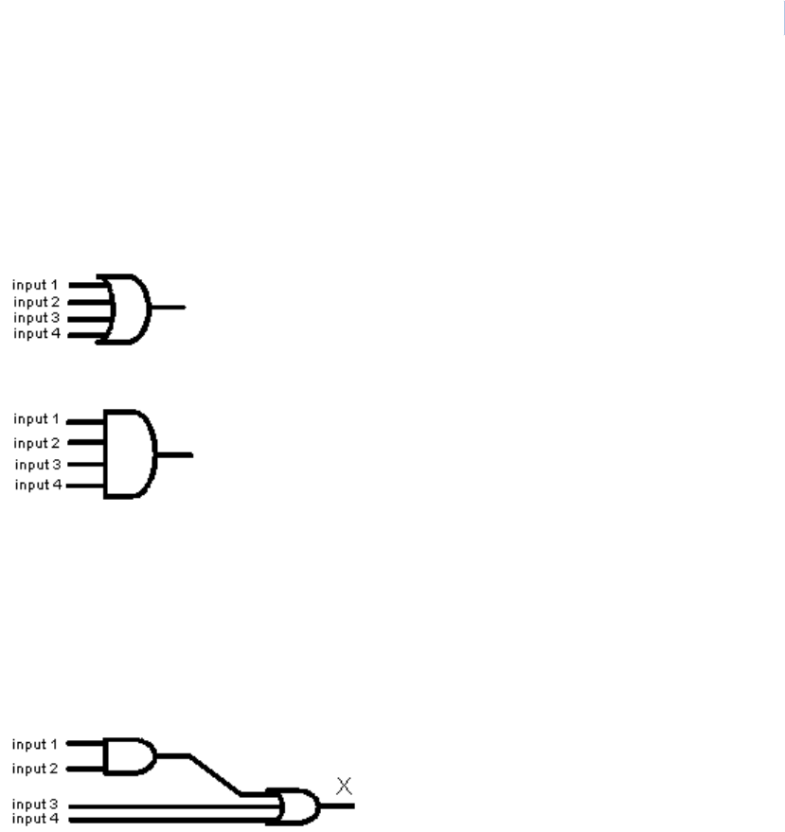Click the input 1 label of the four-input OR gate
[x=36, y=284]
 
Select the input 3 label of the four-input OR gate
[x=36, y=318]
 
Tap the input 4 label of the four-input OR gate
[x=36, y=333]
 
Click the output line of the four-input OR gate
[x=169, y=308]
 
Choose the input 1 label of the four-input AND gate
[x=37, y=419]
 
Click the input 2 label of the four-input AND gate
[x=37, y=443]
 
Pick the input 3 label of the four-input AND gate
[x=37, y=465]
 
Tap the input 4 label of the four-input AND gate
[x=37, y=486]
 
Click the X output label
[x=345, y=785]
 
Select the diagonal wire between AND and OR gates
[x=215, y=774]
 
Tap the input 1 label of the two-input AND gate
[x=35, y=744]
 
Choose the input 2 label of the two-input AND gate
[x=35, y=769]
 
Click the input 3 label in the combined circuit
[x=35, y=804]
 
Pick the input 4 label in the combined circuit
[x=35, y=817]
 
